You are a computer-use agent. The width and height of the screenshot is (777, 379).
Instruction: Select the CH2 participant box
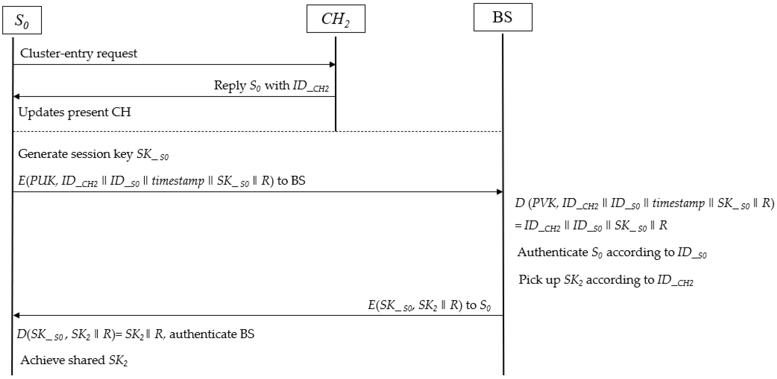(336, 19)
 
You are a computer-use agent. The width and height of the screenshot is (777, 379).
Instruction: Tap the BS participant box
(503, 17)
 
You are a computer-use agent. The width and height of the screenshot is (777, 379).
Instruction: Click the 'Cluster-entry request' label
(78, 53)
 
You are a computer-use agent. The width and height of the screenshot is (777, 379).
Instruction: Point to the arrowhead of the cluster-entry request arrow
(332, 64)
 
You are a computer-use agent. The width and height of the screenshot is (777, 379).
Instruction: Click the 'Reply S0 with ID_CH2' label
(271, 85)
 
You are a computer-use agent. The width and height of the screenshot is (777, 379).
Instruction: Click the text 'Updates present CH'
(74, 112)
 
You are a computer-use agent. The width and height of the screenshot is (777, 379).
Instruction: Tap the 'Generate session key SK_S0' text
(93, 154)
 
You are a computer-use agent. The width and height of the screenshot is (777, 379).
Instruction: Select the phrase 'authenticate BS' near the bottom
(212, 334)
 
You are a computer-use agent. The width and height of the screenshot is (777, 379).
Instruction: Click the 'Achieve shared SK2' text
(74, 360)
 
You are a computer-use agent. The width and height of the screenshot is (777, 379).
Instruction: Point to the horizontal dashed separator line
(256, 131)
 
